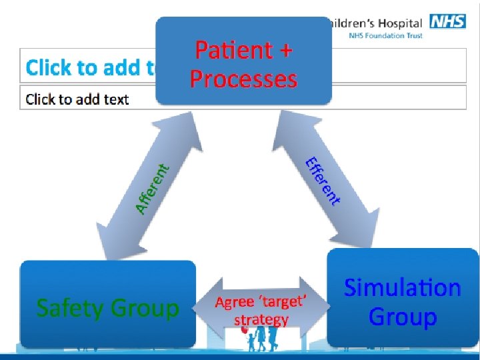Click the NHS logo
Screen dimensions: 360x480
pos(447,21)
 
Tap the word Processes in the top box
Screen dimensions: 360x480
pos(243,79)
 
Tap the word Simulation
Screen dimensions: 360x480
pos(402,288)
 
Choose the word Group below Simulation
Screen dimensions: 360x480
pos(402,317)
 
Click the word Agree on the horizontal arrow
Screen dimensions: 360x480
pos(234,303)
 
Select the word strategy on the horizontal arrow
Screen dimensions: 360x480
pos(261,319)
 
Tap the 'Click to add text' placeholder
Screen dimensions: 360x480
pos(77,99)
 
